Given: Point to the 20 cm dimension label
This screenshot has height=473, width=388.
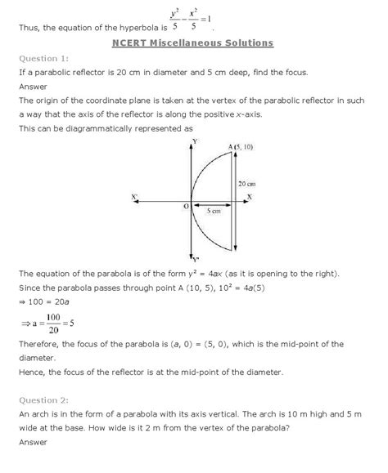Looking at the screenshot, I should tap(247, 185).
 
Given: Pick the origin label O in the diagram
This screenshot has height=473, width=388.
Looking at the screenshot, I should tap(185, 207).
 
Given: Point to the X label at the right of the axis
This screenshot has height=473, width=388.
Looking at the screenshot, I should tap(249, 197).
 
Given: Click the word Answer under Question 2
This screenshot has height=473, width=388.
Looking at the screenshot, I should tap(32, 445).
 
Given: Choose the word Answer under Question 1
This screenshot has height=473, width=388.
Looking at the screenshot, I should tap(32, 87).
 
